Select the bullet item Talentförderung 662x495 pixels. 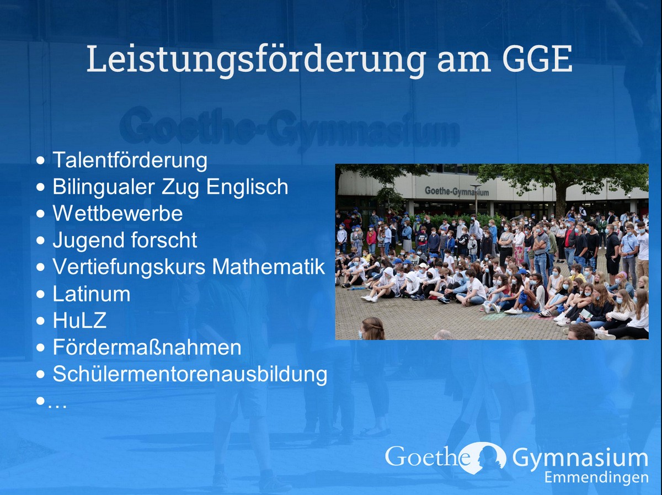[130, 160]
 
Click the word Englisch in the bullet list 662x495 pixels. [247, 187]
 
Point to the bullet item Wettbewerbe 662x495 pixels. [118, 214]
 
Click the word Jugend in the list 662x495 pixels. [88, 241]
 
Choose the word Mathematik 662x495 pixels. [269, 267]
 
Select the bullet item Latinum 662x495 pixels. [92, 294]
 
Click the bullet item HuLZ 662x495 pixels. [79, 321]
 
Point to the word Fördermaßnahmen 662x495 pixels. [147, 347]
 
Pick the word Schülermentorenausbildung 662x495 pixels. [190, 374]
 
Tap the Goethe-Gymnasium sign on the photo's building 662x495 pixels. [457, 191]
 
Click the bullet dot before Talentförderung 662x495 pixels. [40, 161]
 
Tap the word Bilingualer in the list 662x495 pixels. [104, 187]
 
